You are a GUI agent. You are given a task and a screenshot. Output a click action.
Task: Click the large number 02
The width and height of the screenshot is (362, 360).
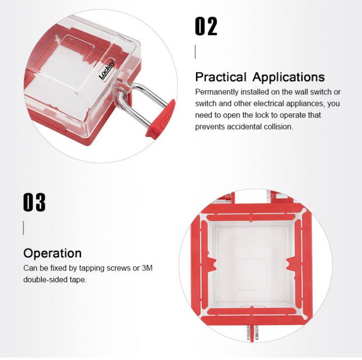[x=206, y=26]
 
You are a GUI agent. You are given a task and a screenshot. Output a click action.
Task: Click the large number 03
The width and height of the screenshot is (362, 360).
[x=34, y=202]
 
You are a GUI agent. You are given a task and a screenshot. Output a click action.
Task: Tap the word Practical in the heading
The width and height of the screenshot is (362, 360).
[x=221, y=77]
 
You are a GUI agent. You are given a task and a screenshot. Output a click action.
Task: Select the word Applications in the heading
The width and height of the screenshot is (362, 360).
[x=289, y=77]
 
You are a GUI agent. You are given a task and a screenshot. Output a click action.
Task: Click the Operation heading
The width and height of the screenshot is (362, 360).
[x=52, y=253]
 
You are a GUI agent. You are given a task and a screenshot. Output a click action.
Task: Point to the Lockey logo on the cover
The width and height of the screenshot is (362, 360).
[x=106, y=70]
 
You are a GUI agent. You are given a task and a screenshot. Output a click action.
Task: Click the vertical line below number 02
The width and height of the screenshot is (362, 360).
[x=195, y=52]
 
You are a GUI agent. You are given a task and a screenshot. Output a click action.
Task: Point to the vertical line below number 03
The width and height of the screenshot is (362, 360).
[x=23, y=228]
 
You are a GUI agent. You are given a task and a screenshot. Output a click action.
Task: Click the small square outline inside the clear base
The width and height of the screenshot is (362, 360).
[x=252, y=274]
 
